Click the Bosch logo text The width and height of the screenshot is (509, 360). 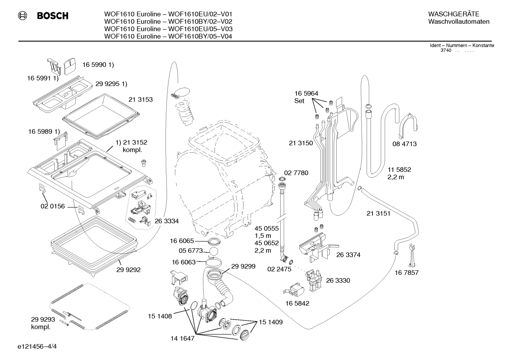[x=53, y=16]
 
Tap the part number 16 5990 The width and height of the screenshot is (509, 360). [x=95, y=65]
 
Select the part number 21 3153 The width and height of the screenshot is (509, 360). [x=140, y=99]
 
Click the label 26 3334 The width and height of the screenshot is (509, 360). [x=167, y=221]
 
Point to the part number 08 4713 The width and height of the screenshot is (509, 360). [x=405, y=144]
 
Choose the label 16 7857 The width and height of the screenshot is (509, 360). [x=407, y=272]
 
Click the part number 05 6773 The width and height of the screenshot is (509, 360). [x=191, y=250]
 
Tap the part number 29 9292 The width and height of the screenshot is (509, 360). [x=128, y=270]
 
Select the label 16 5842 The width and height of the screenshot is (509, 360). [x=297, y=303]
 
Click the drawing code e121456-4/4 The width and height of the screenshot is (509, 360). [x=37, y=346]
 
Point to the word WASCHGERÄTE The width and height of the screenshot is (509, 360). [x=454, y=14]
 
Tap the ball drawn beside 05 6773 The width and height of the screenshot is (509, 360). [x=214, y=252]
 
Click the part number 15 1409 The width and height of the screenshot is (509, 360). [x=271, y=322]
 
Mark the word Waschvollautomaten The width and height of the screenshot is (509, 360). [x=459, y=22]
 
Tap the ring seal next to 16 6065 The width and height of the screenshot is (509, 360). [x=214, y=241]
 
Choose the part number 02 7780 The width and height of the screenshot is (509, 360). [x=296, y=173]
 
